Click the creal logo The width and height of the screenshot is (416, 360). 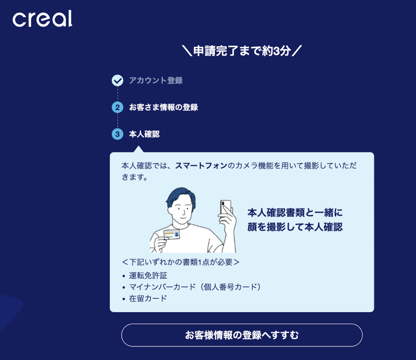(x=42, y=19)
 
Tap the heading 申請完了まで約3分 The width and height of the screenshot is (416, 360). (x=242, y=51)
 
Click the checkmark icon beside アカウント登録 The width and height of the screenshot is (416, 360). (x=118, y=81)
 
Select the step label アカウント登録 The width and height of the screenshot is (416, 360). (x=155, y=81)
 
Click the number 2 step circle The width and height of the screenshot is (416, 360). (x=118, y=108)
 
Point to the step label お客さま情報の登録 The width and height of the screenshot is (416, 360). (x=163, y=108)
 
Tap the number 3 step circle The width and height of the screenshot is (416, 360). (x=118, y=134)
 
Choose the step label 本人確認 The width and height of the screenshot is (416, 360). (x=144, y=134)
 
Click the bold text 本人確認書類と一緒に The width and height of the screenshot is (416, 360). (x=295, y=213)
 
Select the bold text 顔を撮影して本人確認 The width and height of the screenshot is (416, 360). (x=295, y=227)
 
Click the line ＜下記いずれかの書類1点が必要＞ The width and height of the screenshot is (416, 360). (x=180, y=262)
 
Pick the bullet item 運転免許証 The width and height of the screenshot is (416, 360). (x=149, y=275)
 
